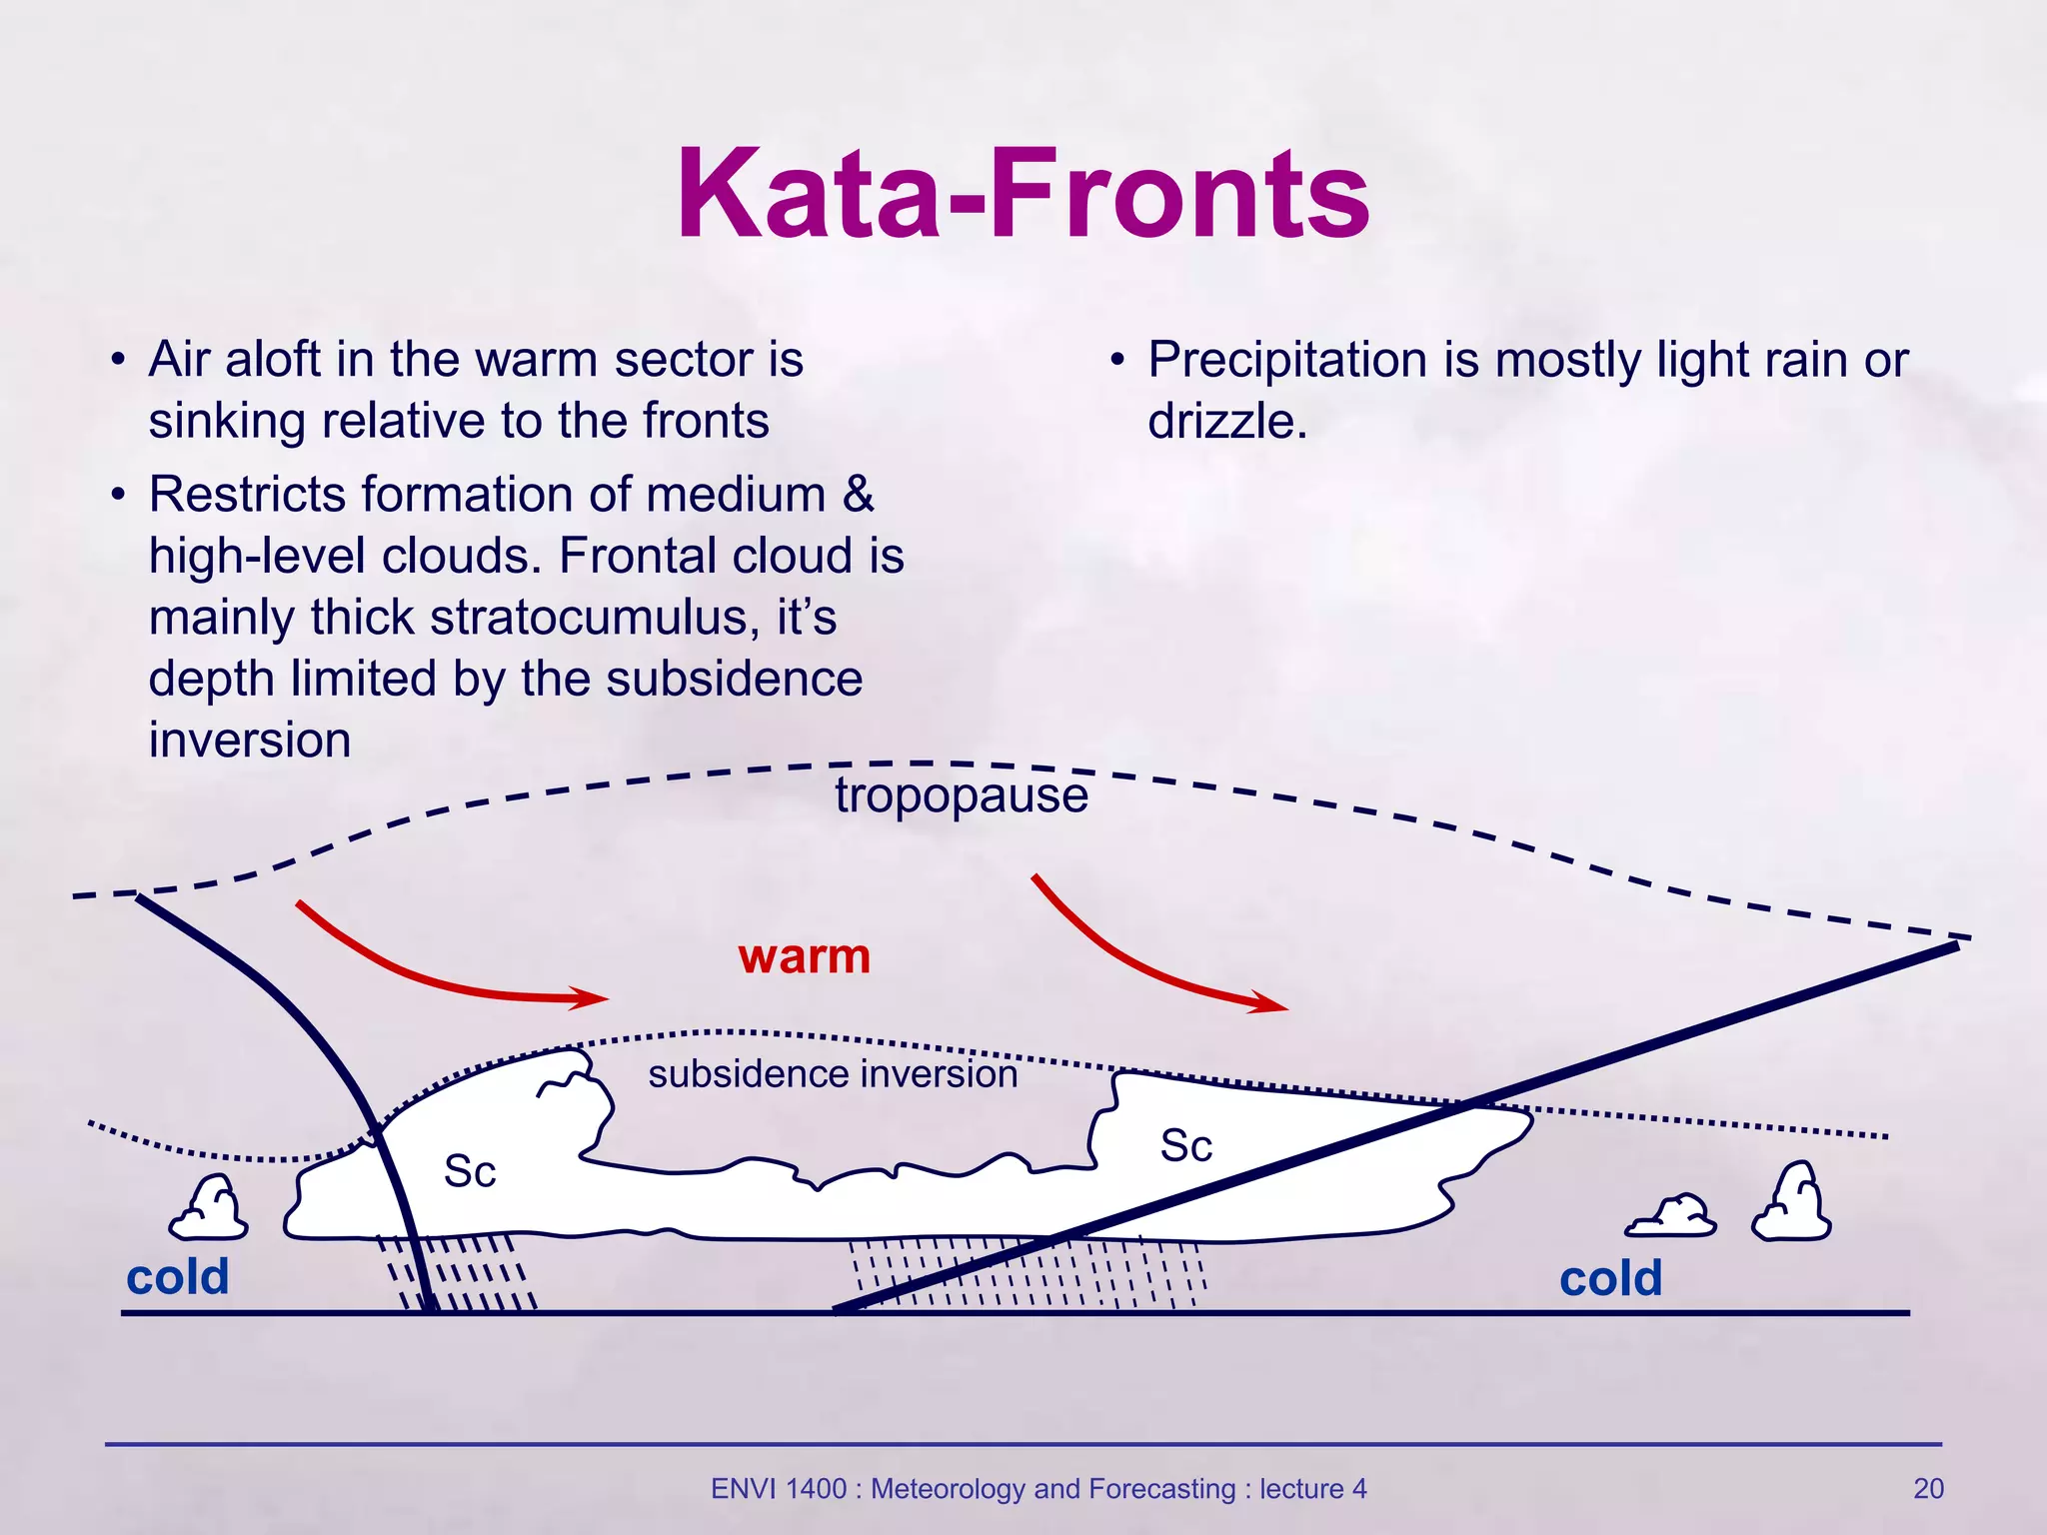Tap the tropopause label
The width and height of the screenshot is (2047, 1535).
click(x=961, y=795)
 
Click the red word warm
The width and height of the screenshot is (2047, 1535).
click(x=805, y=956)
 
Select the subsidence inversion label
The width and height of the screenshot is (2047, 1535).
click(x=833, y=1074)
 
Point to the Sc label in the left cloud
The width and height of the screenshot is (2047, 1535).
click(x=470, y=1171)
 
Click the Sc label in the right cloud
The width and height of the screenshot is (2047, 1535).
click(x=1186, y=1146)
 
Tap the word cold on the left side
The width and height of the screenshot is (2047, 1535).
click(x=178, y=1277)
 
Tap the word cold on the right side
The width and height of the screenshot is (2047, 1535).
click(x=1610, y=1279)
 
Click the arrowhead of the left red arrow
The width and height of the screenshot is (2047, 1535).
click(x=592, y=997)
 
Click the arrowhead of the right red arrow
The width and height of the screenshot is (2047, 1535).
click(x=1271, y=1002)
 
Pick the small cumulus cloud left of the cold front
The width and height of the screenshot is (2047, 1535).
click(x=209, y=1209)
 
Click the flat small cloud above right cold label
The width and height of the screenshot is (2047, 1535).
click(x=1671, y=1216)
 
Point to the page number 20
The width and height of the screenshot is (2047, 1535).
click(x=1928, y=1489)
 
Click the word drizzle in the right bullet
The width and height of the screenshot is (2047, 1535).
click(x=1226, y=421)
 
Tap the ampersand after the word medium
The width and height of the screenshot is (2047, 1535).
click(x=858, y=495)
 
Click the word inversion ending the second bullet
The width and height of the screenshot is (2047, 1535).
click(x=250, y=741)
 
